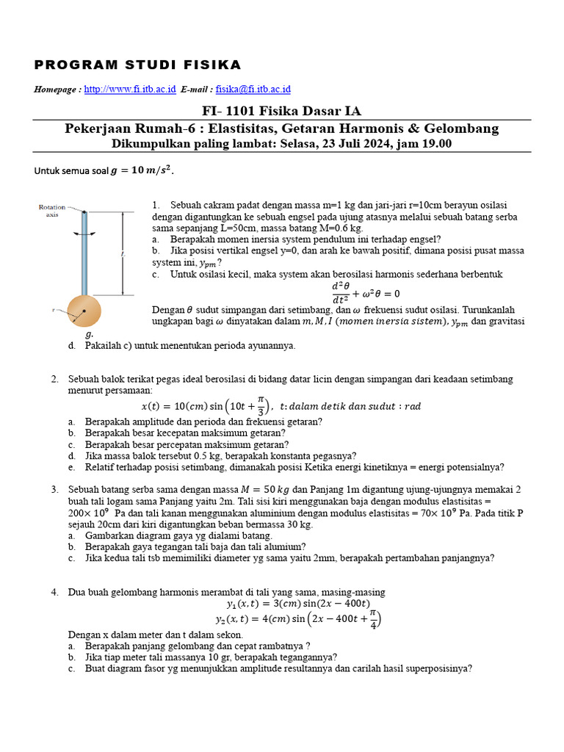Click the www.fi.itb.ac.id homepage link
pyautogui.click(x=130, y=89)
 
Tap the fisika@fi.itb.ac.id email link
pyautogui.click(x=253, y=89)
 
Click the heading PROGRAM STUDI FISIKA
pyautogui.click(x=138, y=65)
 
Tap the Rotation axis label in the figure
pyautogui.click(x=52, y=211)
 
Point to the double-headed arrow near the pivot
pyautogui.click(x=84, y=234)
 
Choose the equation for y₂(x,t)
pyautogui.click(x=297, y=620)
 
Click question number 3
pyautogui.click(x=55, y=489)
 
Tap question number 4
pyautogui.click(x=55, y=592)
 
